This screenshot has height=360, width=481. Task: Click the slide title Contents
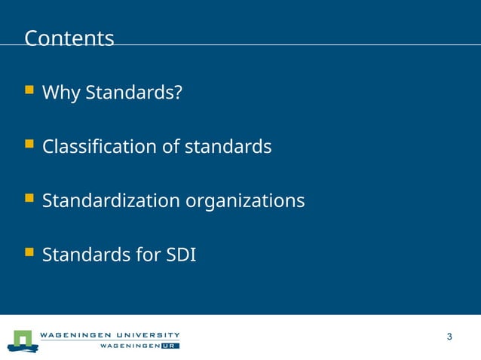click(69, 38)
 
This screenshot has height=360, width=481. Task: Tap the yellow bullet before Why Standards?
click(29, 90)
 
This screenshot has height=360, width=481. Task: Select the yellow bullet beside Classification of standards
click(29, 145)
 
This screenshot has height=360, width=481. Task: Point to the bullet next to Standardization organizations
click(29, 199)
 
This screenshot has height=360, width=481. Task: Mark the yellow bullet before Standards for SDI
click(29, 253)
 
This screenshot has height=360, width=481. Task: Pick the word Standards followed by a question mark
click(133, 93)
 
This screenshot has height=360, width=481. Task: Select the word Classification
click(100, 147)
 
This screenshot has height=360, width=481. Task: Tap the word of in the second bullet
click(171, 147)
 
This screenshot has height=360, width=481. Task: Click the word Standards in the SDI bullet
click(87, 255)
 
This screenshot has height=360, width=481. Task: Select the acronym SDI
click(181, 255)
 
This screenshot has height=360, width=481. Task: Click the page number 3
click(449, 337)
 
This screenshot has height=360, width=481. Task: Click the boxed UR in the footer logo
click(170, 346)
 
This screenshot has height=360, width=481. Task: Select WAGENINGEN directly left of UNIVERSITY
click(75, 334)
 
